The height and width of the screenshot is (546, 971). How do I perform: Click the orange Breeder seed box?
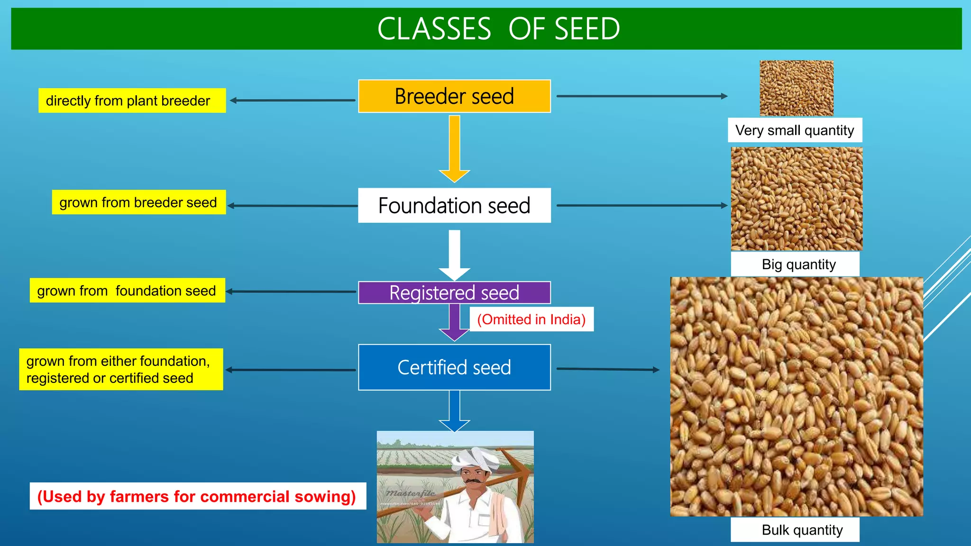tap(454, 96)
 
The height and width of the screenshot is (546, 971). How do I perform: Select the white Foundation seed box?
tap(454, 205)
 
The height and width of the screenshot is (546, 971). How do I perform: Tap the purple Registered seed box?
tap(454, 292)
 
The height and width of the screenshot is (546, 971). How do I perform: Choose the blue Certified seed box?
tap(454, 367)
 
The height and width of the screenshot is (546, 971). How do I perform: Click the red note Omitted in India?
tap(531, 319)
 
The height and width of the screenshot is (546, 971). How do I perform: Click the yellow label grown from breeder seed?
tap(138, 202)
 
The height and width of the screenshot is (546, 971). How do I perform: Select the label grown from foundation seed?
tap(127, 291)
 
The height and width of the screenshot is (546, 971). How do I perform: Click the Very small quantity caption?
tap(795, 130)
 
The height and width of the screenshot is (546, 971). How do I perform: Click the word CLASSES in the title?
tap(434, 29)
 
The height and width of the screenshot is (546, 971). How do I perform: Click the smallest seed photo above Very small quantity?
tap(797, 88)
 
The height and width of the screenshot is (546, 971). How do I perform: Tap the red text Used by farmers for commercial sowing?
tap(197, 496)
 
